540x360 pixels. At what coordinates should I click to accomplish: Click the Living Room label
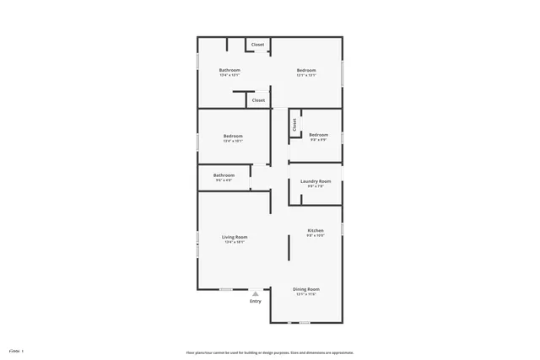[x=235, y=238]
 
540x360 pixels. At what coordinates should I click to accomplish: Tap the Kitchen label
[x=316, y=230]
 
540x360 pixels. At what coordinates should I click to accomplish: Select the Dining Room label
[x=306, y=289]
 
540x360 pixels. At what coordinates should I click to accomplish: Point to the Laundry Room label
[x=316, y=181]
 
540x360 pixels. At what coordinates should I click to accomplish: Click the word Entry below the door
[x=256, y=301]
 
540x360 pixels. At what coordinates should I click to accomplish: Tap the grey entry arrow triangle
[x=256, y=293]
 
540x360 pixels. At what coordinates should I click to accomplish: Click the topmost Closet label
[x=257, y=44]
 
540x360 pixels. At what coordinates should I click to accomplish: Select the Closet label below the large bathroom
[x=258, y=100]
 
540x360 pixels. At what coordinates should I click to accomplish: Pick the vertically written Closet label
[x=294, y=125]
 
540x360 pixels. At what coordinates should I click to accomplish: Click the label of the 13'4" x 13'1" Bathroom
[x=229, y=70]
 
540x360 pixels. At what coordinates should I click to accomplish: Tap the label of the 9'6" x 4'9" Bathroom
[x=224, y=175]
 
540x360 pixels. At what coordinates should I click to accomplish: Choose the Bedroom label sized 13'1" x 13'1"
[x=306, y=70]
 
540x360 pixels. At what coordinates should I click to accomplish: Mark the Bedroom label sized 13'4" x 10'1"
[x=233, y=137]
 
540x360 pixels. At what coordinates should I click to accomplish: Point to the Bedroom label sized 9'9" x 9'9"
[x=318, y=135]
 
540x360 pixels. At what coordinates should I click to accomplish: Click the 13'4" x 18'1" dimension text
[x=235, y=243]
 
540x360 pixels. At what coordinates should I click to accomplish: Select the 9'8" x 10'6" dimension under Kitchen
[x=316, y=235]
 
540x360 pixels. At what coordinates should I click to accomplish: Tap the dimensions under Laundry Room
[x=316, y=186]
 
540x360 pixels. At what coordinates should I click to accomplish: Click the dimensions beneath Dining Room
[x=306, y=294]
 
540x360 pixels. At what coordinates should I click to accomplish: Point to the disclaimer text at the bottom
[x=270, y=352]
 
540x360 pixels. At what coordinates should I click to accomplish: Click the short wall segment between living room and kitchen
[x=270, y=202]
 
